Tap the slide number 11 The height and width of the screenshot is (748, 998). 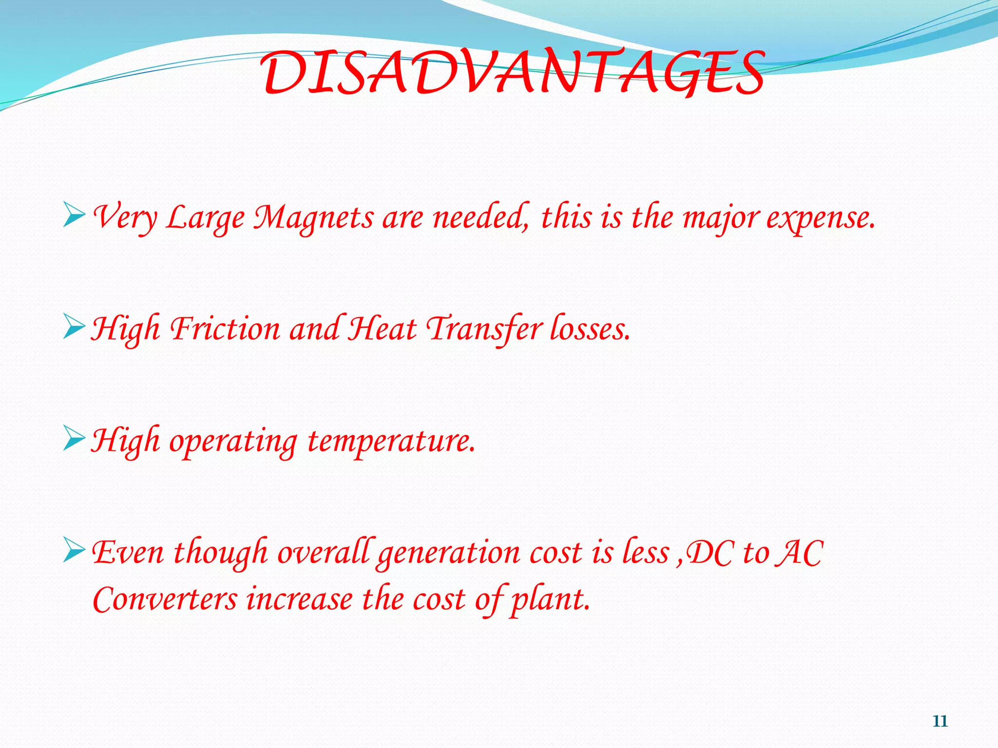940,721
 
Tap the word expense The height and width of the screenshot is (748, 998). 820,219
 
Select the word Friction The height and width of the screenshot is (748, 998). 225,329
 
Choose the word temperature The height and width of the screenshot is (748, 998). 391,441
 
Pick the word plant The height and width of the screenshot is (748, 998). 550,600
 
